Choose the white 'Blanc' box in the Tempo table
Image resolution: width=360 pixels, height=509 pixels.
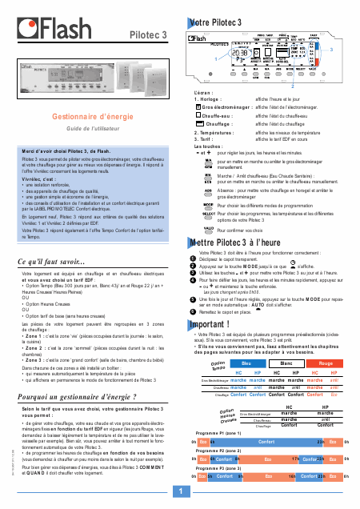tap(284, 341)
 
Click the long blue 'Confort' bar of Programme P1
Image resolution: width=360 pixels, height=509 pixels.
tap(259, 419)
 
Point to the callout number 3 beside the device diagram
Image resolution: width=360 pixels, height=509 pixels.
tap(330, 50)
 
